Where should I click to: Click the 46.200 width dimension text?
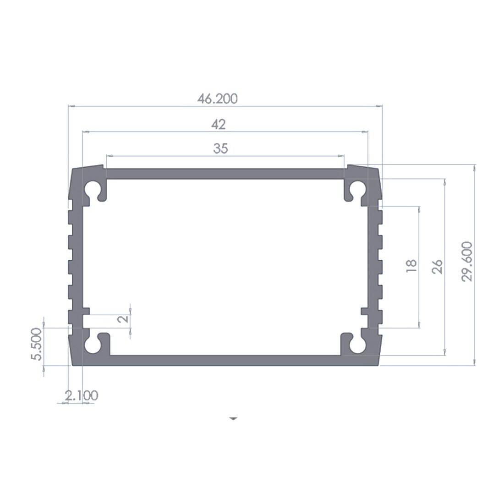pyautogui.click(x=218, y=99)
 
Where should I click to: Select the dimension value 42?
pyautogui.click(x=219, y=124)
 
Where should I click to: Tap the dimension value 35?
pyautogui.click(x=220, y=149)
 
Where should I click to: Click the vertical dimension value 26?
pyautogui.click(x=438, y=267)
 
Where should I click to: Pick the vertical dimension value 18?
pyautogui.click(x=411, y=267)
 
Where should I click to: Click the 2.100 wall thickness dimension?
pyautogui.click(x=81, y=395)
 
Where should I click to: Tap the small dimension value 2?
pyautogui.click(x=123, y=319)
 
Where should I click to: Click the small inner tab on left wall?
pyautogui.click(x=86, y=311)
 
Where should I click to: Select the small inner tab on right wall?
pyautogui.click(x=365, y=311)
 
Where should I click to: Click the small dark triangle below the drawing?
pyautogui.click(x=234, y=418)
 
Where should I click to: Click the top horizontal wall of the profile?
pyautogui.click(x=225, y=174)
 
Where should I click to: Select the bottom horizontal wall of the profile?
pyautogui.click(x=225, y=361)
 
